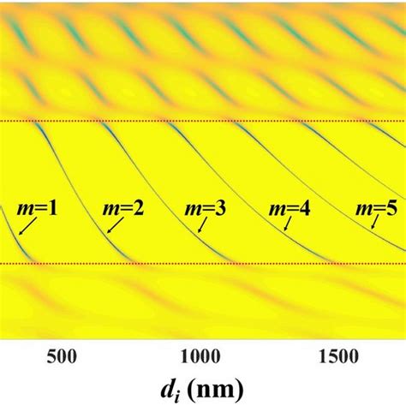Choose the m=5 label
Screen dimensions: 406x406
pos(378,207)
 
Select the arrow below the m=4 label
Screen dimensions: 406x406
pos(287,224)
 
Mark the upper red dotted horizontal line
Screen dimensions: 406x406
pos(203,121)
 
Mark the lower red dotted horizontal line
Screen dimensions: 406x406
pos(203,264)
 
